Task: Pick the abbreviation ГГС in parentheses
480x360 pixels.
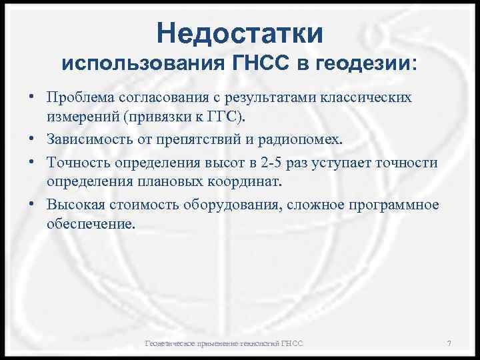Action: pyautogui.click(x=225, y=118)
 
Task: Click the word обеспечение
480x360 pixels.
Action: pyautogui.click(x=91, y=225)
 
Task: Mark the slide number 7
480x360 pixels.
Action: pyautogui.click(x=449, y=343)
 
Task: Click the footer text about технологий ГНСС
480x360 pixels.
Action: pyautogui.click(x=224, y=343)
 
